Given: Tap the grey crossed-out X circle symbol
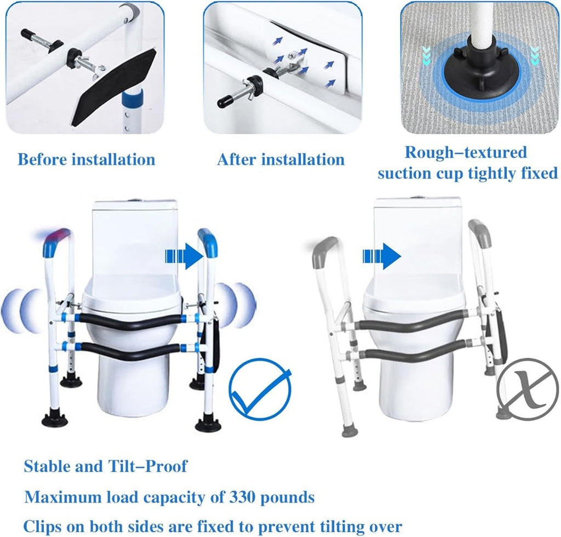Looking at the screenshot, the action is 528,389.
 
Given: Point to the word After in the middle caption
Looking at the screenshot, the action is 236,159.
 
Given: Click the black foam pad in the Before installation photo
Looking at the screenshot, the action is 114,88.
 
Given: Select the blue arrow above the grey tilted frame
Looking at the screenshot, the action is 382,256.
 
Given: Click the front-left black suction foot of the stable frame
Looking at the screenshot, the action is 54,419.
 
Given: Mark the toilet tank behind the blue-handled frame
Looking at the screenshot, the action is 135,238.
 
